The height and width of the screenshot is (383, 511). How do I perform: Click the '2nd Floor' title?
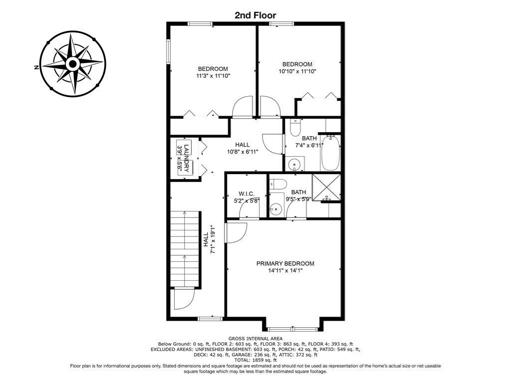(255, 15)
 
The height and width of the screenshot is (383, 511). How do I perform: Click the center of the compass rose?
(73, 63)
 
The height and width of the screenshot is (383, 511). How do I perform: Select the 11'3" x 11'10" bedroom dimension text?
(213, 76)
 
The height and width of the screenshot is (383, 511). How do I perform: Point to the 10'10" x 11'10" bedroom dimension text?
(297, 71)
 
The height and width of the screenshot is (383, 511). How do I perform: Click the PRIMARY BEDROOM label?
(285, 263)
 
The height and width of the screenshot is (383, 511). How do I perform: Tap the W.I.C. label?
(247, 193)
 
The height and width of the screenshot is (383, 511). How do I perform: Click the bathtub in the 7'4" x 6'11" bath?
(330, 153)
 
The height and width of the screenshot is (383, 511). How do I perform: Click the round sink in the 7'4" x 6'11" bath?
(295, 164)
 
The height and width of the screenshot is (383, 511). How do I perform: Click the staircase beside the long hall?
(185, 249)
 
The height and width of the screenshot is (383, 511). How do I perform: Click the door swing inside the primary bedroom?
(236, 232)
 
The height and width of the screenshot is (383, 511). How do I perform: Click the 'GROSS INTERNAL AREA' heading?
(255, 339)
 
